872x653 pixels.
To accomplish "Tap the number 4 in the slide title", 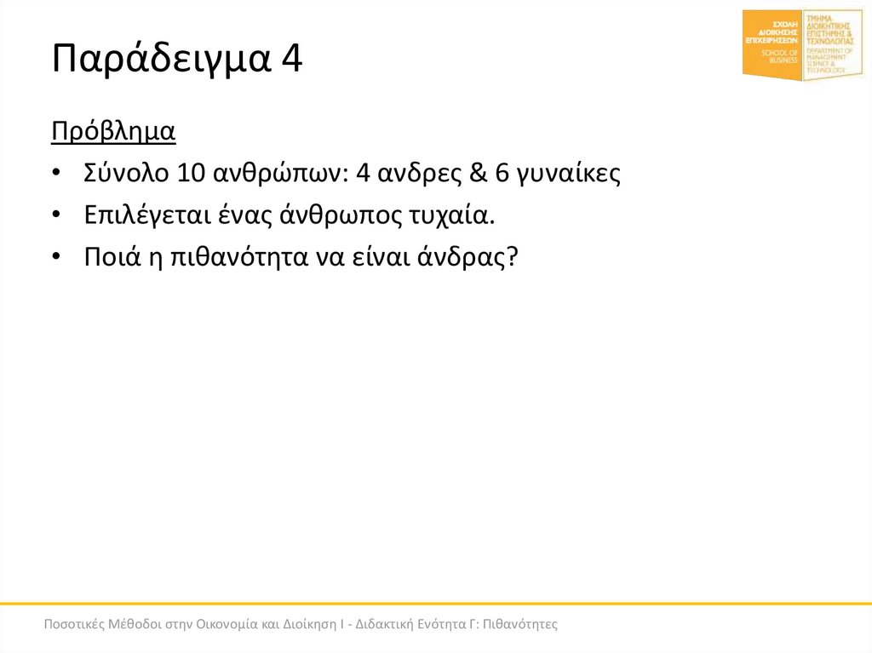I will point(288,61).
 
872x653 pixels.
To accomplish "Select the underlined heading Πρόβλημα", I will point(113,132).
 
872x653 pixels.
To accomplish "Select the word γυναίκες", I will point(570,175).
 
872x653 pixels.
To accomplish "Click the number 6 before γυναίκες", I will point(502,174).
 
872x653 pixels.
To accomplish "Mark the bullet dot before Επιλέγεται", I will point(56,216).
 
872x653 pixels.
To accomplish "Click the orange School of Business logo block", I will point(772,45).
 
